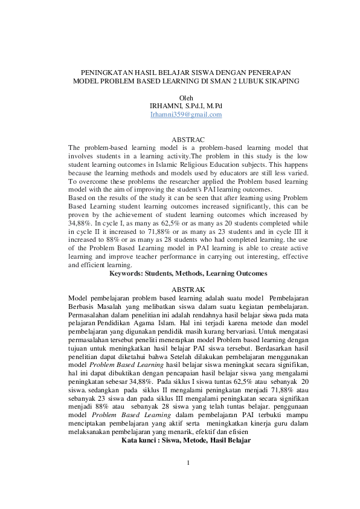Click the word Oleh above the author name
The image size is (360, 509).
[x=186, y=97]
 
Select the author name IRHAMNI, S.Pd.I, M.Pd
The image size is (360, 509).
[x=186, y=106]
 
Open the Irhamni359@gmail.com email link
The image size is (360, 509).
[x=186, y=114]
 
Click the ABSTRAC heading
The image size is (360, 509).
[x=188, y=139]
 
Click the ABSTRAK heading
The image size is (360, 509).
[x=188, y=290]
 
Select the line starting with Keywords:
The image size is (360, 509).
[x=188, y=273]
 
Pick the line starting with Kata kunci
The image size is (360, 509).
[x=186, y=440]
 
